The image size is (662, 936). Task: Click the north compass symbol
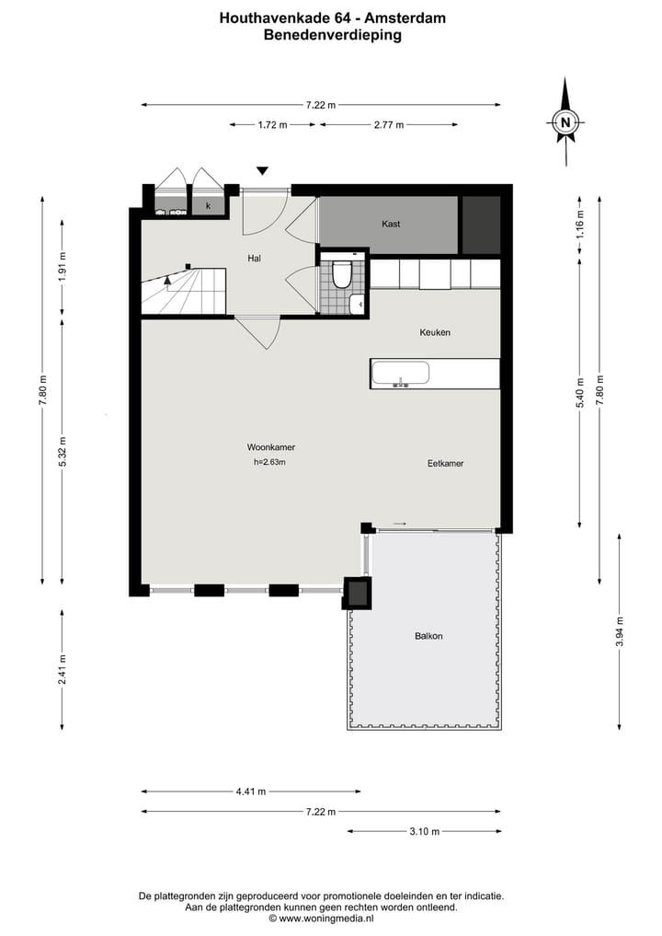pos(566,121)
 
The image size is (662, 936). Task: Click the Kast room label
pos(391,224)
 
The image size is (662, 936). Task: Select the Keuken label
pos(435,332)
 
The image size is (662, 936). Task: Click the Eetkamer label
pos(445,464)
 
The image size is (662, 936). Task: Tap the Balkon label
pos(428,636)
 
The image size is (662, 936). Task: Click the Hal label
pos(255,259)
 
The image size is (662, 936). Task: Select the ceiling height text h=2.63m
pos(269,463)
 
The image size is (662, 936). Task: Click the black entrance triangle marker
pos(263,170)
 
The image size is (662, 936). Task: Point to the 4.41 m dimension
pos(250,792)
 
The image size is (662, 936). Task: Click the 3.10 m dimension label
pos(424,832)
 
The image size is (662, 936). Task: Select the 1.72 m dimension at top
pos(273,125)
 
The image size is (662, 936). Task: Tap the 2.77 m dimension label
pos(389,125)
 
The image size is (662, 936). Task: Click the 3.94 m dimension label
pos(618,631)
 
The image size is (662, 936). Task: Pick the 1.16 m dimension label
pos(579,224)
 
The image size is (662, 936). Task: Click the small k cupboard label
pos(209,206)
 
